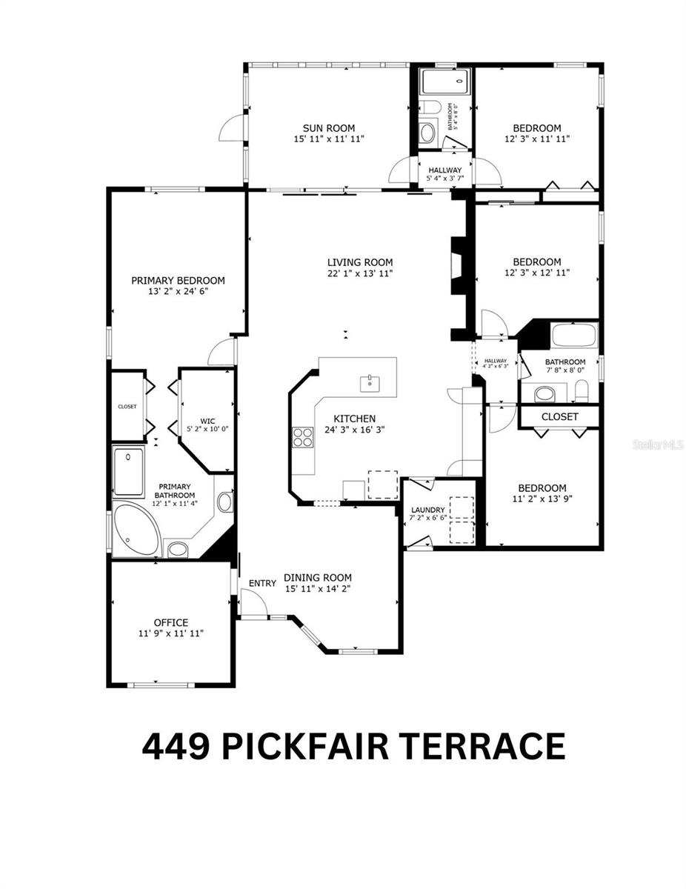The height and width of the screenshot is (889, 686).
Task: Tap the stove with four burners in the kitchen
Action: [302, 437]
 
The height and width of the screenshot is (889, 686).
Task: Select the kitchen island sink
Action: [368, 382]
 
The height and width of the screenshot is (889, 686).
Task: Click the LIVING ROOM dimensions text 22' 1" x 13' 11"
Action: [360, 273]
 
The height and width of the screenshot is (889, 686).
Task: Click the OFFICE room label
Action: [170, 622]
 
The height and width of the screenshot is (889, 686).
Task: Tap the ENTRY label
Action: [262, 584]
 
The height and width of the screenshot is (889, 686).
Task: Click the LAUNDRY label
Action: [428, 510]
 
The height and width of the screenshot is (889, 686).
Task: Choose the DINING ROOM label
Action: [318, 578]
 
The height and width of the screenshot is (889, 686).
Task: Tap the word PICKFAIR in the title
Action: [313, 746]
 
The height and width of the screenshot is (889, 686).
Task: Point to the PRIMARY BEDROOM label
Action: [178, 280]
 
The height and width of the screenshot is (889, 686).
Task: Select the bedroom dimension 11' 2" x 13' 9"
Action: [542, 499]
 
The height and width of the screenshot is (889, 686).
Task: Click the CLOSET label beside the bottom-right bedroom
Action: [559, 417]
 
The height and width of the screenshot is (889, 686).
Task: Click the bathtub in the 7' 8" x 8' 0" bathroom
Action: [574, 336]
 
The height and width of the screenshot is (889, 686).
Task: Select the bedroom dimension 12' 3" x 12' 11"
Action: [537, 273]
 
